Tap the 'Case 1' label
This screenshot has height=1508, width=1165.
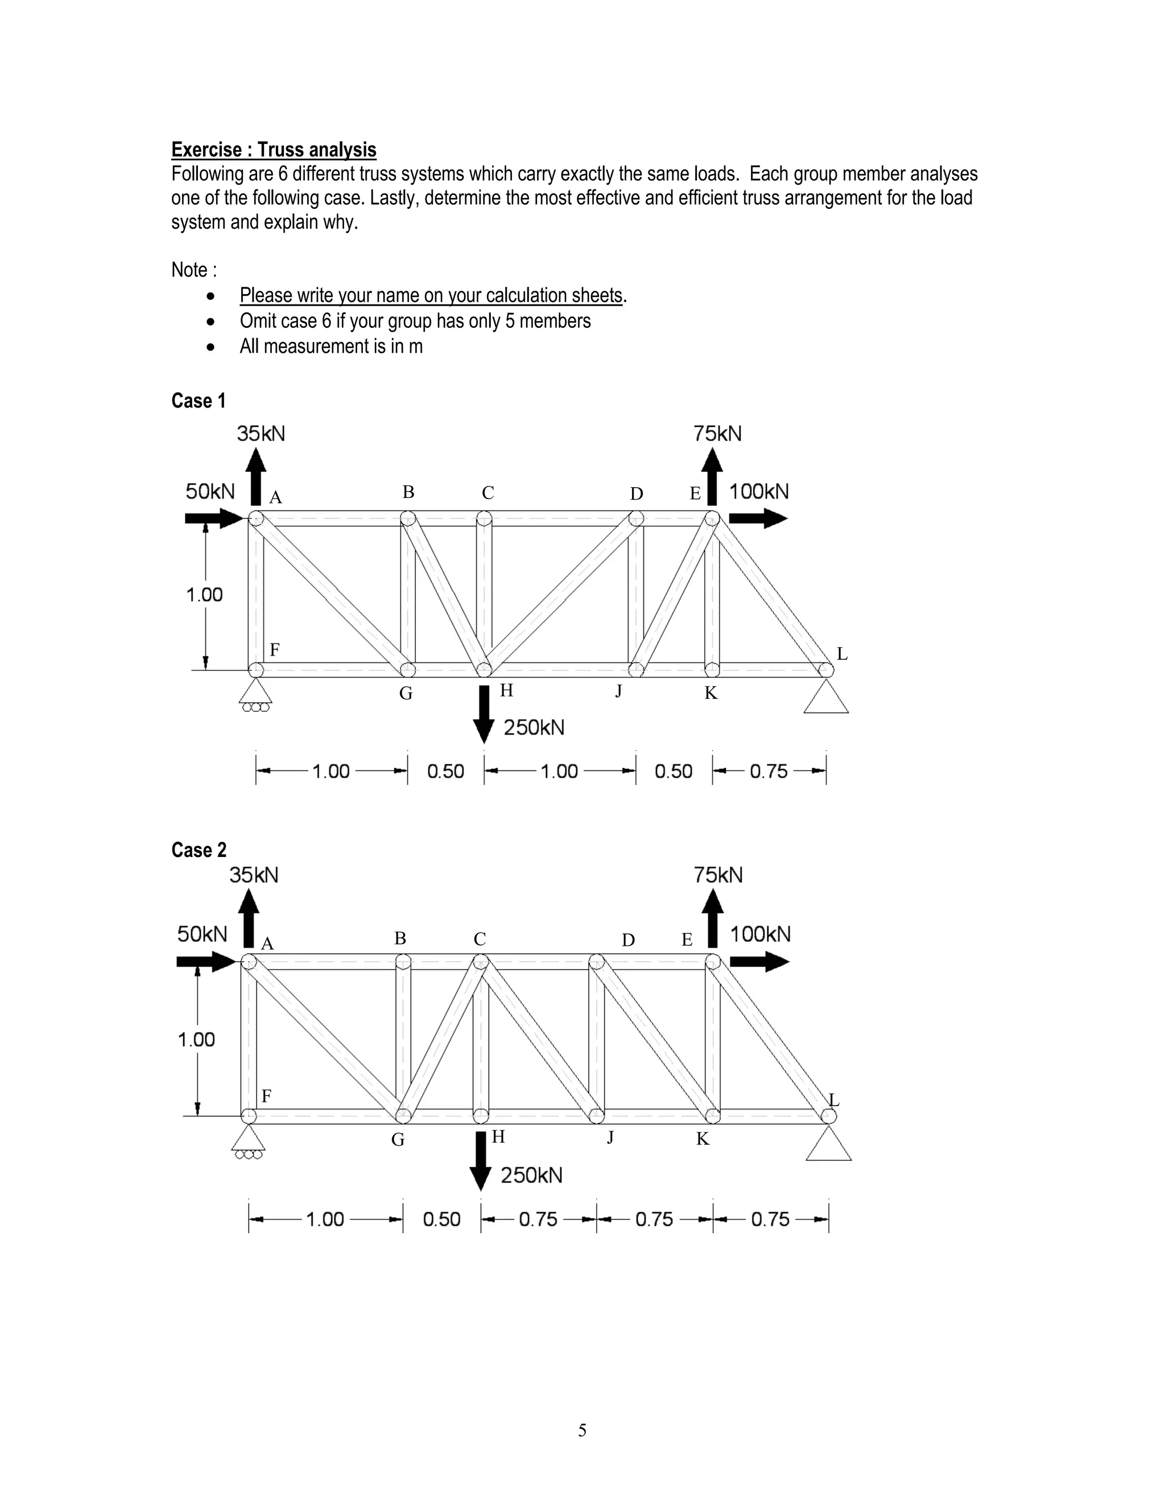point(198,401)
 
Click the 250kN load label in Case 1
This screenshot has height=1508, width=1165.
point(534,727)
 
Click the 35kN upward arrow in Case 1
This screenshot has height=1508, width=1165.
point(256,476)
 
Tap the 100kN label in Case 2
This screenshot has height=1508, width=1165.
point(760,934)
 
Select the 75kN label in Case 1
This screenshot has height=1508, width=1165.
point(717,434)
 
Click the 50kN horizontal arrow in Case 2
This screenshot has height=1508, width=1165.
point(206,961)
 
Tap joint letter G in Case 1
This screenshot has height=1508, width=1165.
point(406,693)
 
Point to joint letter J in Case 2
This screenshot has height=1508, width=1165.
point(610,1136)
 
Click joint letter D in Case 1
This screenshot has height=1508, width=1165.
point(637,494)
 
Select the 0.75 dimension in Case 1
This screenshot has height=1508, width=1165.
point(769,771)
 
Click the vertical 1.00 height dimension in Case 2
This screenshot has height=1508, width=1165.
point(197,1039)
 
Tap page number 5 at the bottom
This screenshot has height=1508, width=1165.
point(582,1430)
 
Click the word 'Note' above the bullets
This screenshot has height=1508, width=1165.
point(190,270)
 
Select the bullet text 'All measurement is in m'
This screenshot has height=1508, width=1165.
point(331,346)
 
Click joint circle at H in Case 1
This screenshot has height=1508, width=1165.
point(485,669)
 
